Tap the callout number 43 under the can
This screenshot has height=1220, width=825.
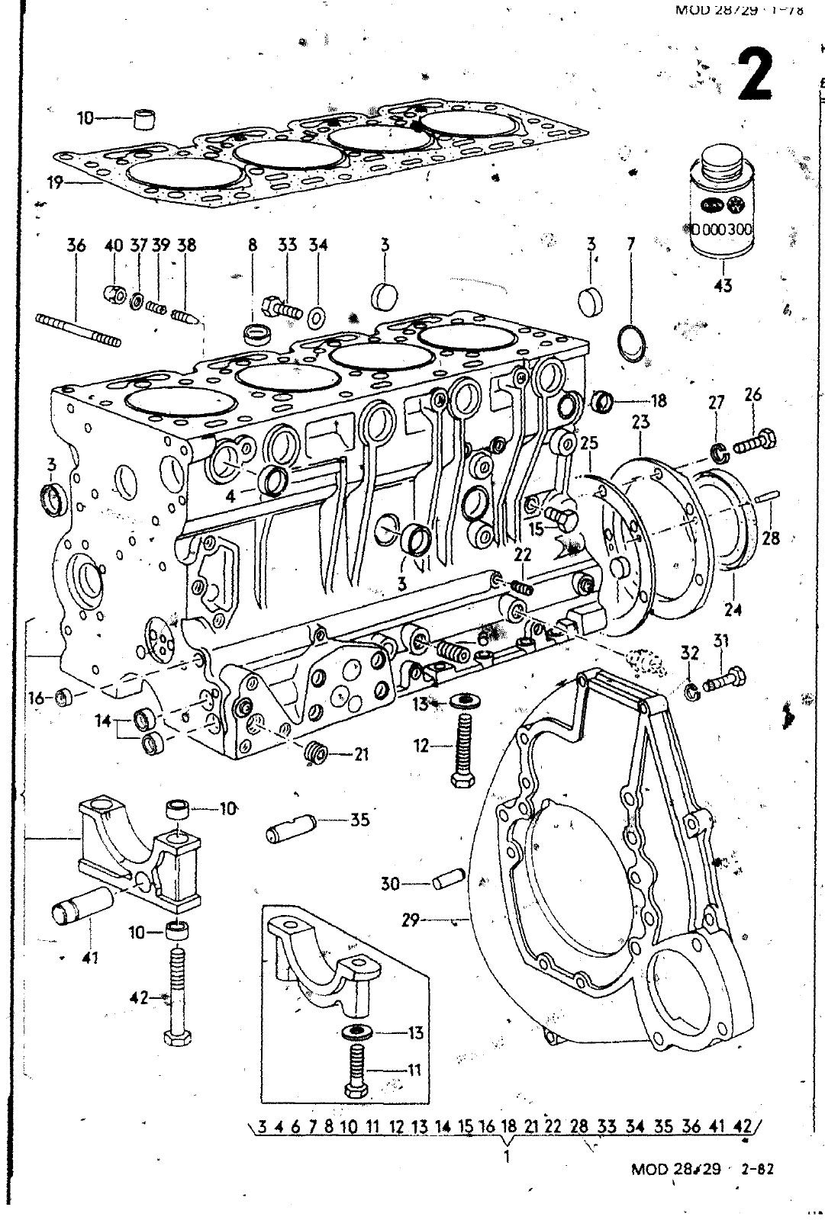coord(723,285)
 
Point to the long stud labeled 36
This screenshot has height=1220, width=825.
coord(79,329)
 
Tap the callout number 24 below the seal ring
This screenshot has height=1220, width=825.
coord(733,609)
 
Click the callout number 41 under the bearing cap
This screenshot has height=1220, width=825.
coord(90,958)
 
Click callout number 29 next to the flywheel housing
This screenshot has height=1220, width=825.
coord(411,920)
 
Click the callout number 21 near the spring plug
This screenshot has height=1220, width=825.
coord(360,754)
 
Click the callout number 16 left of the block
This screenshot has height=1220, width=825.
coord(36,698)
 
